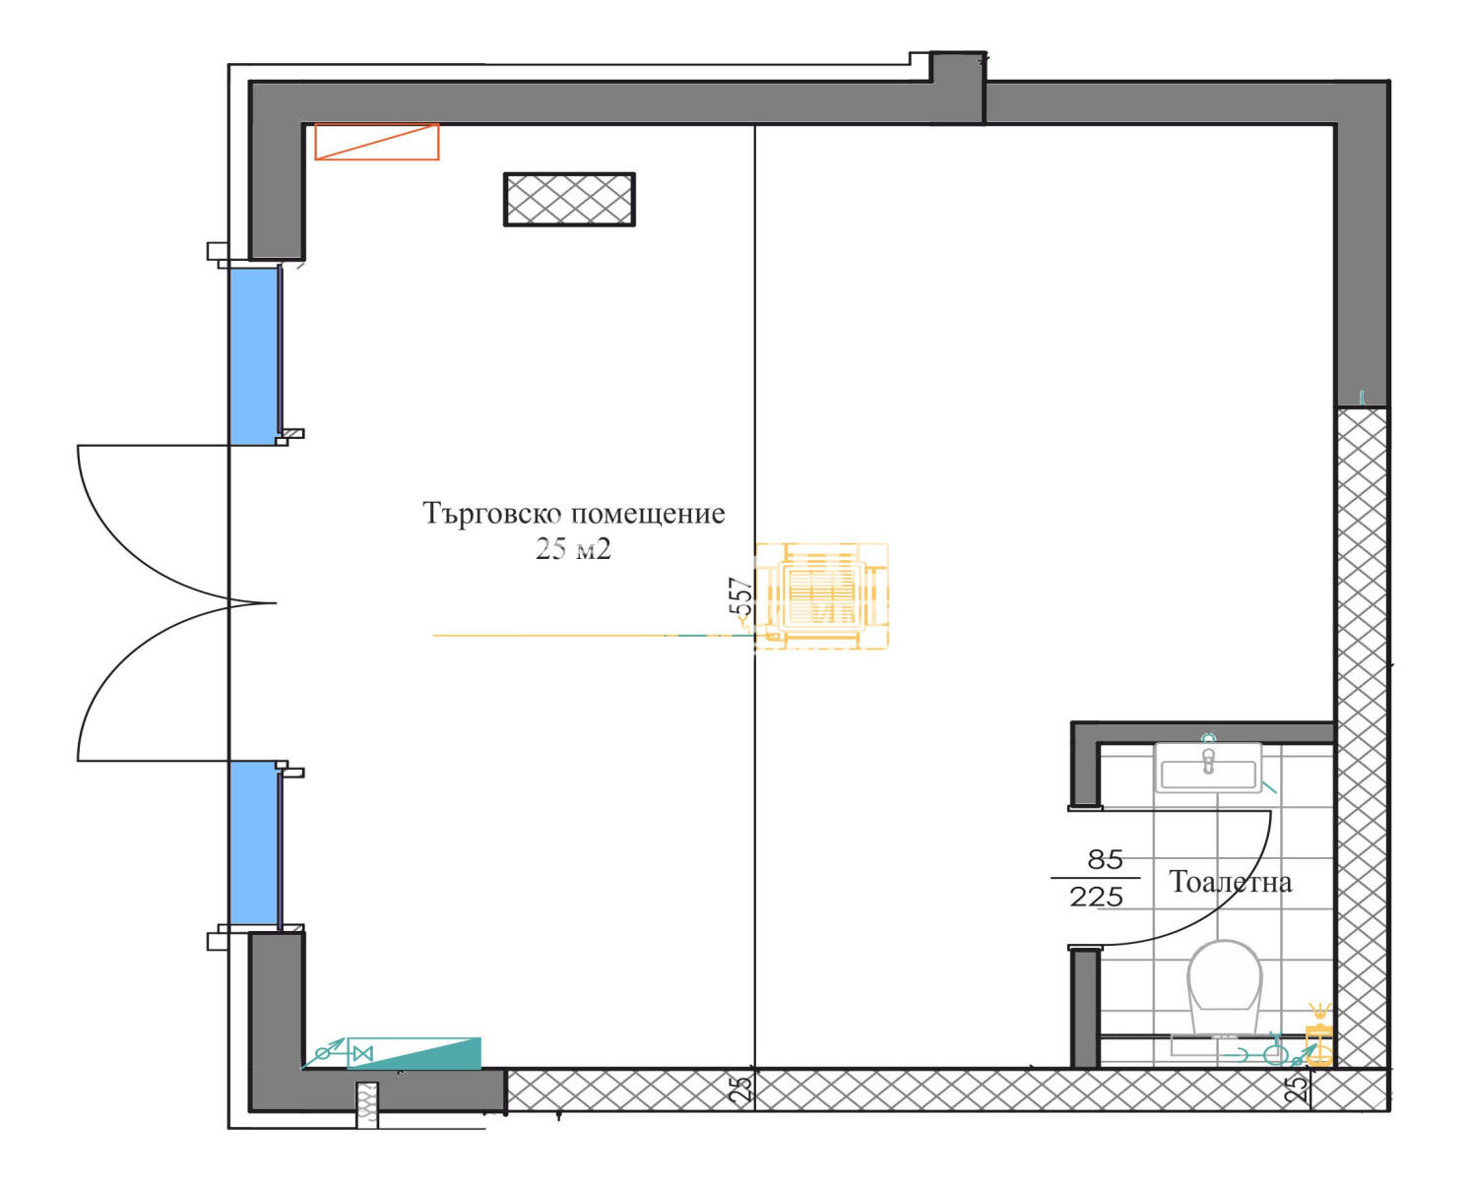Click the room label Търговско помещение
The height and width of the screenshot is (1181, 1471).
click(x=573, y=515)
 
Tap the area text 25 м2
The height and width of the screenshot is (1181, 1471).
click(x=573, y=549)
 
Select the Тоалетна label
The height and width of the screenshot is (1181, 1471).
click(x=1231, y=883)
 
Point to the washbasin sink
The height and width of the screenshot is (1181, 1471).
click(x=1208, y=769)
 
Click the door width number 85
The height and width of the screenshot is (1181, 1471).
click(x=1106, y=860)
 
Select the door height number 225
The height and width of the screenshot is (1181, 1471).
click(x=1097, y=897)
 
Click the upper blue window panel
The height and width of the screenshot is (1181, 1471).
click(x=253, y=356)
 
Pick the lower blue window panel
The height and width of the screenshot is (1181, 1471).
click(x=253, y=843)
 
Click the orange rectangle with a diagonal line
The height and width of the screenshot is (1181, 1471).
click(x=377, y=142)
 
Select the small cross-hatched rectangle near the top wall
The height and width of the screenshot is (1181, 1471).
click(x=569, y=199)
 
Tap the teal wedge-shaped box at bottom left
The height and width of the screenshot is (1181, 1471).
click(x=415, y=1053)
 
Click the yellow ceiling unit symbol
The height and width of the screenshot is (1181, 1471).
click(x=821, y=596)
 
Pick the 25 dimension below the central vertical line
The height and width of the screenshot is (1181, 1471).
click(x=741, y=1088)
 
